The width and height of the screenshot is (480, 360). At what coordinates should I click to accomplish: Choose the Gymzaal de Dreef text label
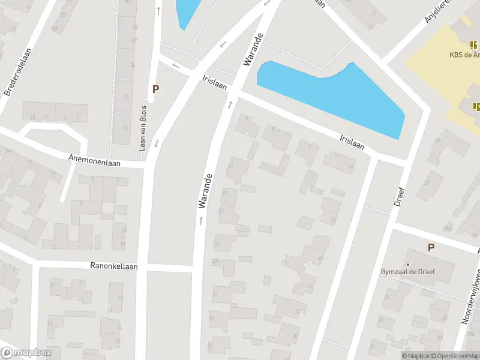click(x=407, y=272)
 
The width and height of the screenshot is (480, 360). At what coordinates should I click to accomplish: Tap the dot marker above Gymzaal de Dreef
click(x=407, y=264)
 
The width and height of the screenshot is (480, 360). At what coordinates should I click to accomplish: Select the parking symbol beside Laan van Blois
click(x=155, y=89)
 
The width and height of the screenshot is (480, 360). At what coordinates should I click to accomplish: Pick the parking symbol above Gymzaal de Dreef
click(x=431, y=247)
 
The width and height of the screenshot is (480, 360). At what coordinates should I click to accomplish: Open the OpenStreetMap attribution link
click(x=453, y=356)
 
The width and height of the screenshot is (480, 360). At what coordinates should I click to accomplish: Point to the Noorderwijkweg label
click(x=471, y=297)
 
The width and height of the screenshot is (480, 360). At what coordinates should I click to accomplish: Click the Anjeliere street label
click(x=437, y=11)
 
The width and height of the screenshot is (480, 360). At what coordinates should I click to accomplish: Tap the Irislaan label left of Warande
click(x=215, y=83)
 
